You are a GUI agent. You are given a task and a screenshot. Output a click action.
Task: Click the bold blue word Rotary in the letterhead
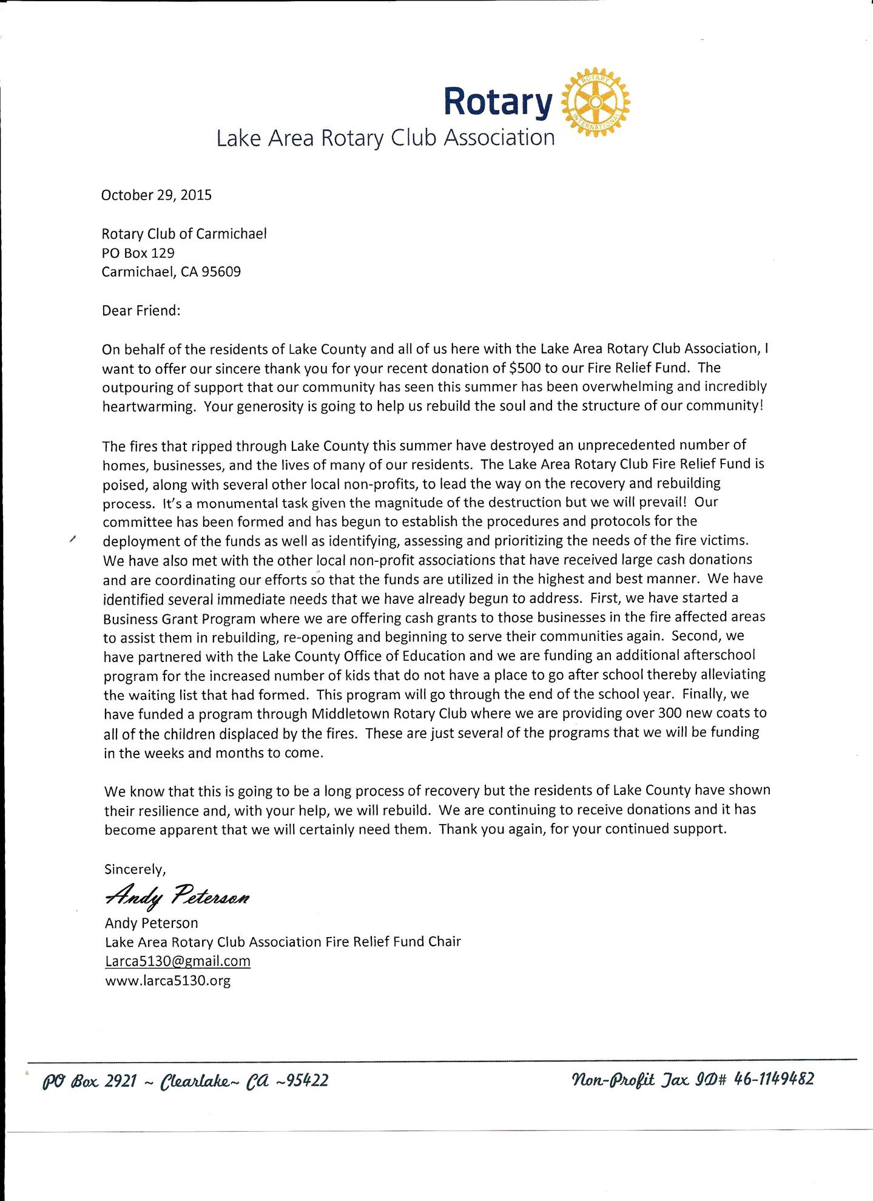point(497,101)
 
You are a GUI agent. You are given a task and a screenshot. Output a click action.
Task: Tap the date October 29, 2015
point(157,195)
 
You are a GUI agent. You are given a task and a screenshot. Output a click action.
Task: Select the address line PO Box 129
point(138,252)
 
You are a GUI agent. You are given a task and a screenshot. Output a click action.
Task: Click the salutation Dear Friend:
point(141,310)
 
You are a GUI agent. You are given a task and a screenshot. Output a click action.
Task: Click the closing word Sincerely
point(135,869)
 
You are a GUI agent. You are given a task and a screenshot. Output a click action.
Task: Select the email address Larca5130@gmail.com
point(178,961)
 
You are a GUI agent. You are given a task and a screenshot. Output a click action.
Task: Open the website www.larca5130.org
point(168,981)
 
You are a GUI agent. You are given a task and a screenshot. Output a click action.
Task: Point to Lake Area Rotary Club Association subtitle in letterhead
point(386,138)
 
